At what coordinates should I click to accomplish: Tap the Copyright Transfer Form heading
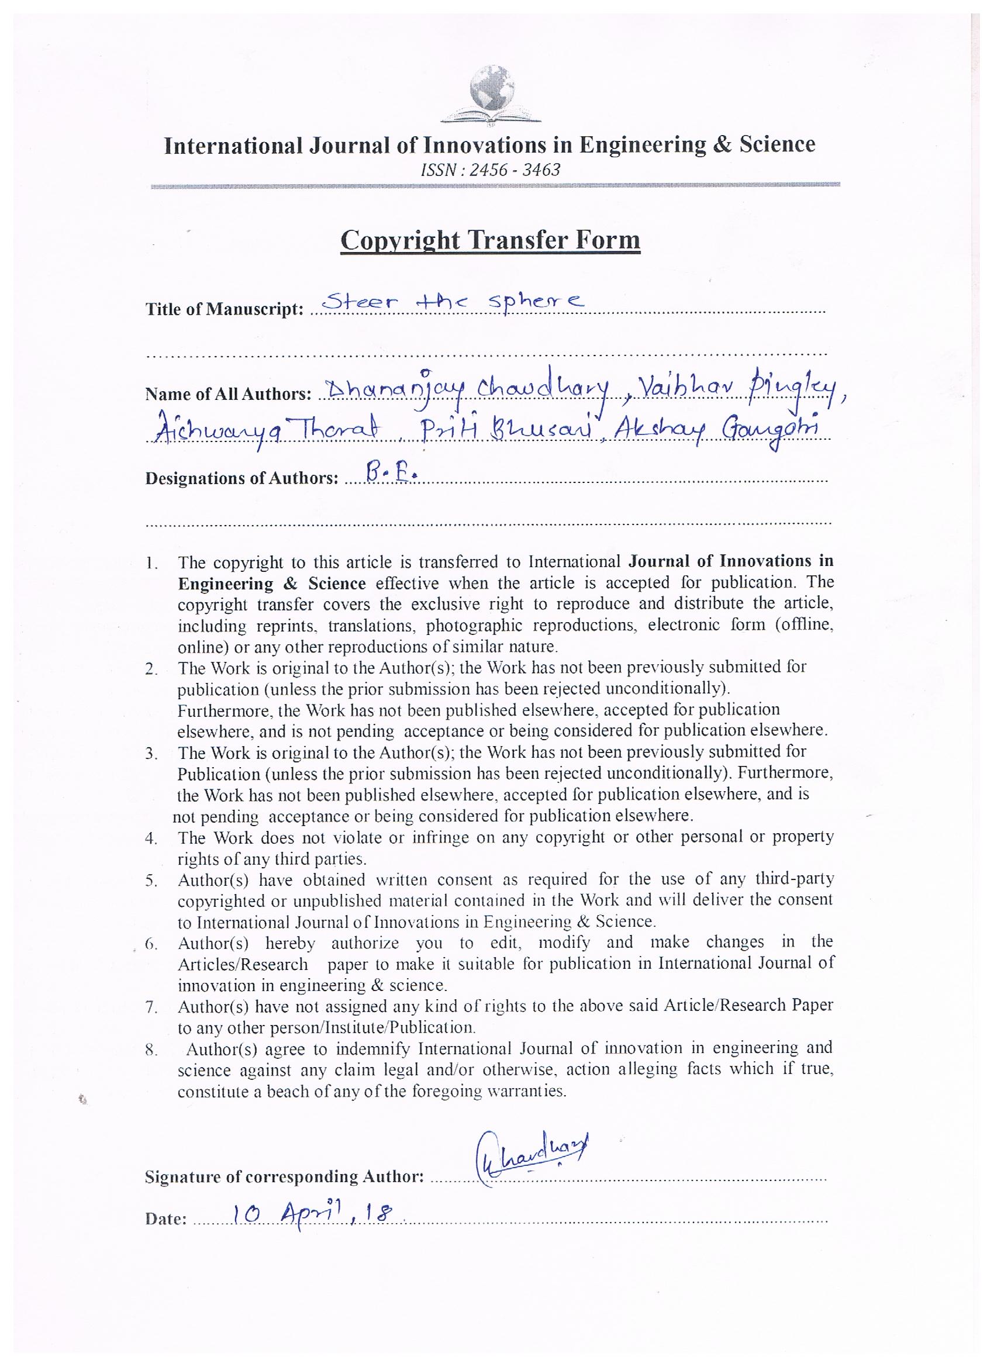[490, 240]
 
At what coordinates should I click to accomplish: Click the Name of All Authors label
[228, 394]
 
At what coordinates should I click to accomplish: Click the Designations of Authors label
[241, 479]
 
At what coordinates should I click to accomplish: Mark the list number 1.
[151, 565]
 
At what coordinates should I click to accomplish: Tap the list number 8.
[151, 1050]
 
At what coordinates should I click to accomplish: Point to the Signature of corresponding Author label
[285, 1176]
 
